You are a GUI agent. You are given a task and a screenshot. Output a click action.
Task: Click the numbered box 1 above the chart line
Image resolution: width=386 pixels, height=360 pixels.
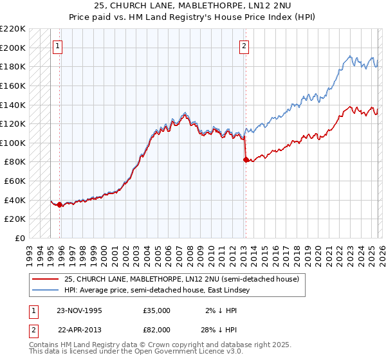(58, 46)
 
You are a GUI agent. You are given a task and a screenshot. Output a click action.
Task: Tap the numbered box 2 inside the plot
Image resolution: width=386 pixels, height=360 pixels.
(244, 46)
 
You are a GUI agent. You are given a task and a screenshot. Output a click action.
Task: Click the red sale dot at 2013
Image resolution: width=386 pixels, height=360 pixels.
(246, 160)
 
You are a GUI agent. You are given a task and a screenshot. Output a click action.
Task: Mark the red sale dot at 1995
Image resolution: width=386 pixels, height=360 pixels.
(60, 205)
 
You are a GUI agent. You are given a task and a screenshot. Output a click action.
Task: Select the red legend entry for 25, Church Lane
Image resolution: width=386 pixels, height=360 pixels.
(181, 280)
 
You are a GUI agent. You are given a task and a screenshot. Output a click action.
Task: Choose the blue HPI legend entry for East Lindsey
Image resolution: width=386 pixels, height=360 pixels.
(169, 291)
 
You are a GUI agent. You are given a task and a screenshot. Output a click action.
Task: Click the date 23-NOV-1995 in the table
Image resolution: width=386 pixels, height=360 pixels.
(80, 310)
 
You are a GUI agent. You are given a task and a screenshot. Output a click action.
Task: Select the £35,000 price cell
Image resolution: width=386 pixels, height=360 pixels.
(157, 310)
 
